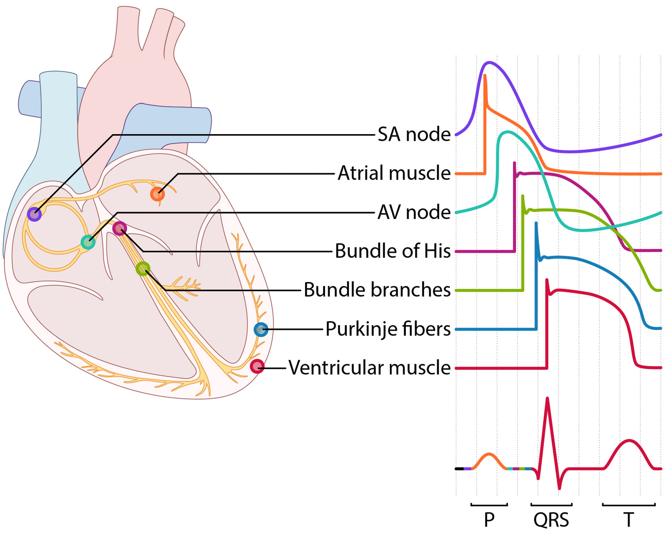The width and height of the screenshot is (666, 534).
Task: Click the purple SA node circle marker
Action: click(x=34, y=214)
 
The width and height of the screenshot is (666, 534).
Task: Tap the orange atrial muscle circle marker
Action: click(x=157, y=194)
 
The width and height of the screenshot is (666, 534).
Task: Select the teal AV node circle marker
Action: click(x=88, y=242)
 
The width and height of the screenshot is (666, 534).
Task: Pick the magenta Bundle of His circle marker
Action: click(x=119, y=229)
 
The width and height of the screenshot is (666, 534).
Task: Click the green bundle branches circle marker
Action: click(x=143, y=269)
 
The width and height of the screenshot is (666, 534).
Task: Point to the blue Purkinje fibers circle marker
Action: click(x=261, y=330)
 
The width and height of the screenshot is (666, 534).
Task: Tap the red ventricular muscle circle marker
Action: click(x=257, y=367)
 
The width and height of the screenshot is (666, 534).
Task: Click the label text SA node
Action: click(x=414, y=134)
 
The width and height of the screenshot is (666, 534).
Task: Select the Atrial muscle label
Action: click(x=394, y=173)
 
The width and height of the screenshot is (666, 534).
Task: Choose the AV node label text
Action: click(x=414, y=212)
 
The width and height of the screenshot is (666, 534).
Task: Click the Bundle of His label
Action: click(x=392, y=251)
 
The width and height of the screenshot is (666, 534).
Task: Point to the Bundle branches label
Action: click(x=377, y=290)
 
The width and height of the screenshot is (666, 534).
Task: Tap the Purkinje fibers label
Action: click(x=388, y=329)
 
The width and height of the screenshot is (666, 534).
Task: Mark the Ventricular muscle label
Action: click(x=369, y=368)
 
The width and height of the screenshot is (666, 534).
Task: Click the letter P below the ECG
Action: click(x=489, y=519)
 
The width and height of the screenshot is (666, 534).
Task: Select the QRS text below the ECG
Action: click(x=551, y=519)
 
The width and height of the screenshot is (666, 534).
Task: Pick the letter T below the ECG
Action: click(x=628, y=519)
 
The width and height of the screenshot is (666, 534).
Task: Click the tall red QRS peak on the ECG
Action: click(x=547, y=400)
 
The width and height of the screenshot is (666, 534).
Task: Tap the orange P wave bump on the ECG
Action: click(x=489, y=454)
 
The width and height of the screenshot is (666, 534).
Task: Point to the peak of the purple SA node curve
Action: click(x=489, y=63)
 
